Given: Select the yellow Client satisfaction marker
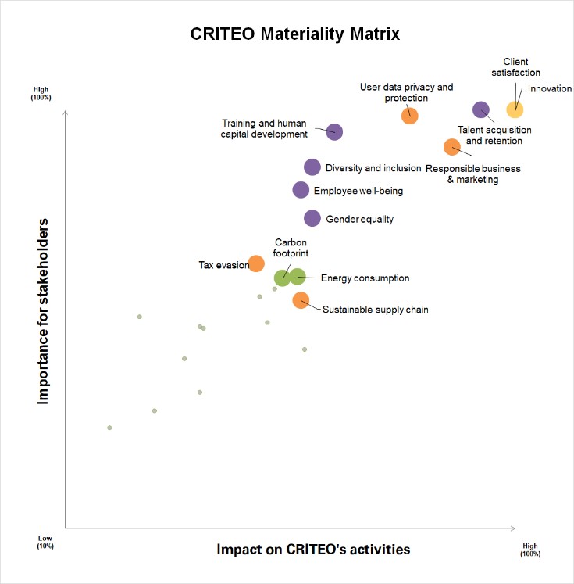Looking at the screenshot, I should pos(514,110).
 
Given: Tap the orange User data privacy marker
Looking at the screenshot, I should pos(409,116).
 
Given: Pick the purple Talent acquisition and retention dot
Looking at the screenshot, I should pos(481,110).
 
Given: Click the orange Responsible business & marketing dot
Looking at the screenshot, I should pos(451,146).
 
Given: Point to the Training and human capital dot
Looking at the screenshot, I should pos(334,131).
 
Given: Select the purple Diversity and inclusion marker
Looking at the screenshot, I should pos(312,167).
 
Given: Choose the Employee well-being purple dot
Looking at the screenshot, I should pos(301,189).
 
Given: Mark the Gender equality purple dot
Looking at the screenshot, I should pos(312,218).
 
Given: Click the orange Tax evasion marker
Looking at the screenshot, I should pos(255,263).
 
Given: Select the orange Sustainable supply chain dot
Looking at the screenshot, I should pos(301,299).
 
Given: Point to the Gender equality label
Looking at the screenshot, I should pos(359,220).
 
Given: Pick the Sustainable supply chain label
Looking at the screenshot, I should pos(376,310).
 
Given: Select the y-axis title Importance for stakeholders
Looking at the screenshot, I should pos(44,310).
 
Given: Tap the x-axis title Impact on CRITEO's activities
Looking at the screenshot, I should pos(313,549).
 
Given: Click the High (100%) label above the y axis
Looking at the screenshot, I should pos(41,95).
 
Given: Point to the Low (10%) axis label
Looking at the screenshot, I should pos(45,542).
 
